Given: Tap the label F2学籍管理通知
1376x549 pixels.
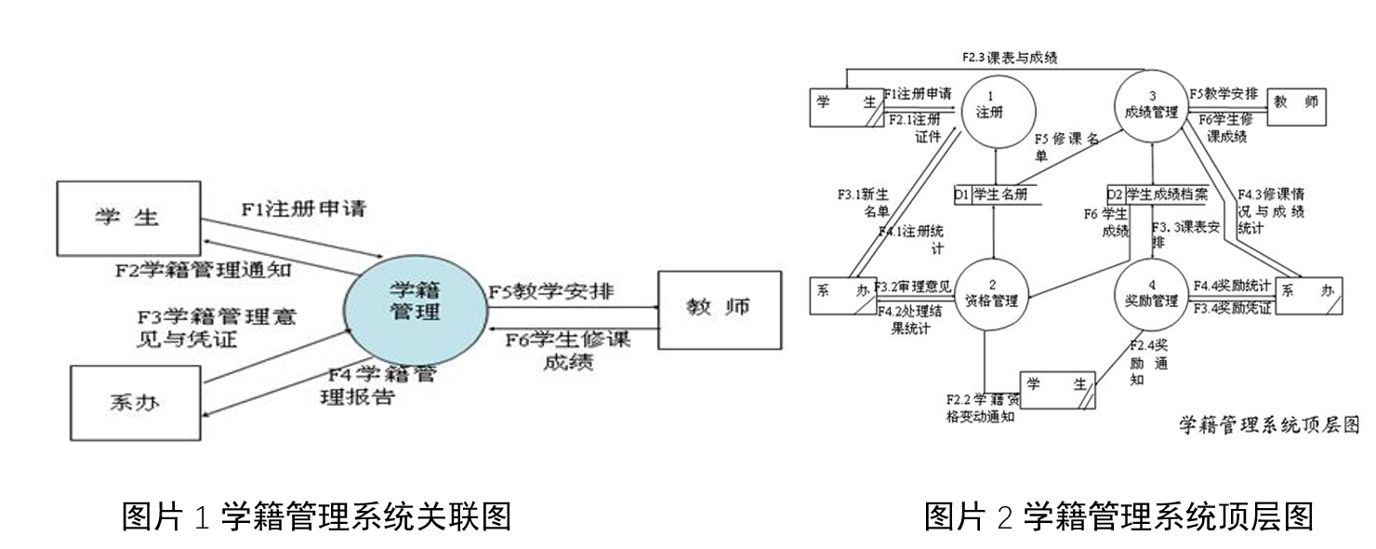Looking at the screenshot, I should [203, 270].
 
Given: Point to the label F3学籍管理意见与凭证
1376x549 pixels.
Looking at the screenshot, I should [217, 327].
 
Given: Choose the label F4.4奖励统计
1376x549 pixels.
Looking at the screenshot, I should [1231, 285].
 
